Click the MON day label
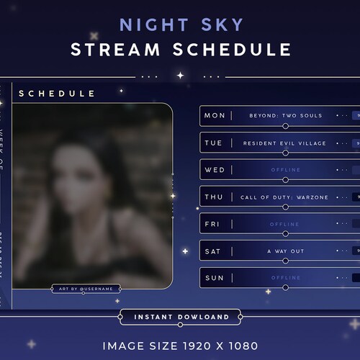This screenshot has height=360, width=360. click(215, 116)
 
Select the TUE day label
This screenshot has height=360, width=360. click(214, 143)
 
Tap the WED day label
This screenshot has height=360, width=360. click(215, 170)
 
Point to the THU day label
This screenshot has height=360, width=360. click(214, 197)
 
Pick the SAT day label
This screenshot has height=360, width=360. click(214, 251)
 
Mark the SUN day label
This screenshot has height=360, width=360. click(214, 278)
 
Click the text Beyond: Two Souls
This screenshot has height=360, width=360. click(285, 116)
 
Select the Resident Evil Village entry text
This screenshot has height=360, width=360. click(284, 143)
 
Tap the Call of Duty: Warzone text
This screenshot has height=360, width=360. click(284, 197)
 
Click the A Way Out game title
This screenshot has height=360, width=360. click(284, 251)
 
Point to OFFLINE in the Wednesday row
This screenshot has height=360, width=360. click(284, 170)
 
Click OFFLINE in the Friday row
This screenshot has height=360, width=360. click(284, 224)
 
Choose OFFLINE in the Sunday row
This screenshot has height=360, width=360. click(284, 278)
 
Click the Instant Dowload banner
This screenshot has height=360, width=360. click(180, 317)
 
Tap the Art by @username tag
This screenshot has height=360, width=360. click(86, 289)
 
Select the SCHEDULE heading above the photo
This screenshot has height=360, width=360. click(57, 94)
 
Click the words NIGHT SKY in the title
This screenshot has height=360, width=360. click(180, 25)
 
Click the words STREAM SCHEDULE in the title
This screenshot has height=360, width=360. click(180, 50)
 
